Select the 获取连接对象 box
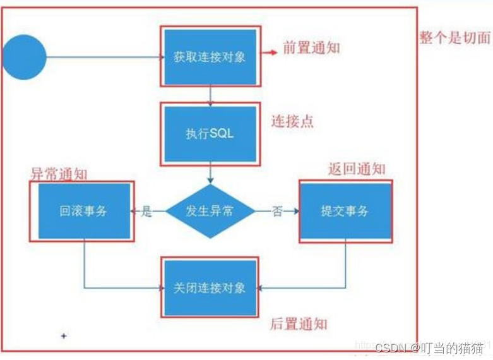210,57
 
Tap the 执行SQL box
210,134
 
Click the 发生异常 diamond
210,212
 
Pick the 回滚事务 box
83,211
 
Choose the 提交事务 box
345,212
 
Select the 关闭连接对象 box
210,288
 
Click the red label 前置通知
311,48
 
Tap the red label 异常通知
59,173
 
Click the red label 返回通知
357,169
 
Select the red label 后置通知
299,324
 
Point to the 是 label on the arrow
146,212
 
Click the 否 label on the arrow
276,212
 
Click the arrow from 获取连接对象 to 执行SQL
210,95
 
